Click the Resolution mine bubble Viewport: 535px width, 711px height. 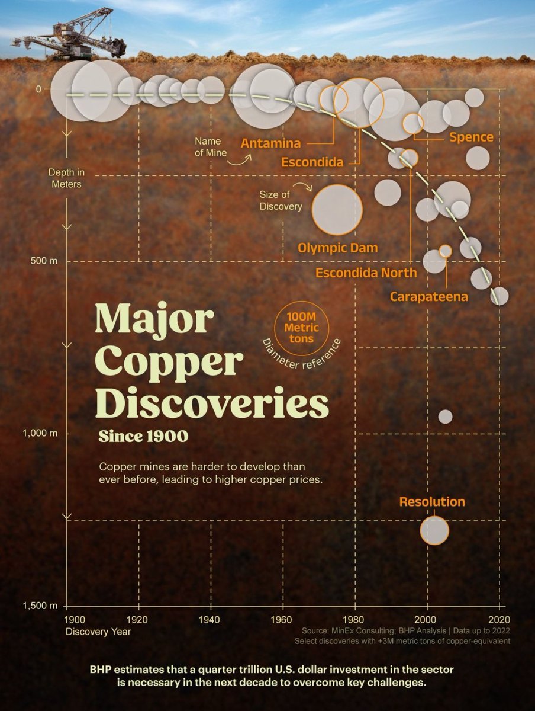click(434, 530)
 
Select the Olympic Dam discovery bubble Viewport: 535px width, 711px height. click(337, 210)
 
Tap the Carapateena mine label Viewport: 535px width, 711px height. click(428, 297)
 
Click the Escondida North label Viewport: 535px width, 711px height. click(366, 273)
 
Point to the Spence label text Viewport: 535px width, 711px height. click(471, 137)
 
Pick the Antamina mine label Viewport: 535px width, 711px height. click(270, 143)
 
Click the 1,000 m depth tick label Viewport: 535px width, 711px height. click(40, 434)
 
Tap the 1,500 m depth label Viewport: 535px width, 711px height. click(40, 606)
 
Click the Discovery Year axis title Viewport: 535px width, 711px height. click(99, 631)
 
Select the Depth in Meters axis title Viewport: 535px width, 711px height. click(66, 178)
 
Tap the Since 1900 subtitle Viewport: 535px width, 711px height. click(143, 437)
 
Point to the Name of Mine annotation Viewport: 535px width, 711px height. click(208, 146)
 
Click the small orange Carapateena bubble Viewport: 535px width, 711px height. click(446, 251)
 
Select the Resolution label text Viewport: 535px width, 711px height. click(432, 502)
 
